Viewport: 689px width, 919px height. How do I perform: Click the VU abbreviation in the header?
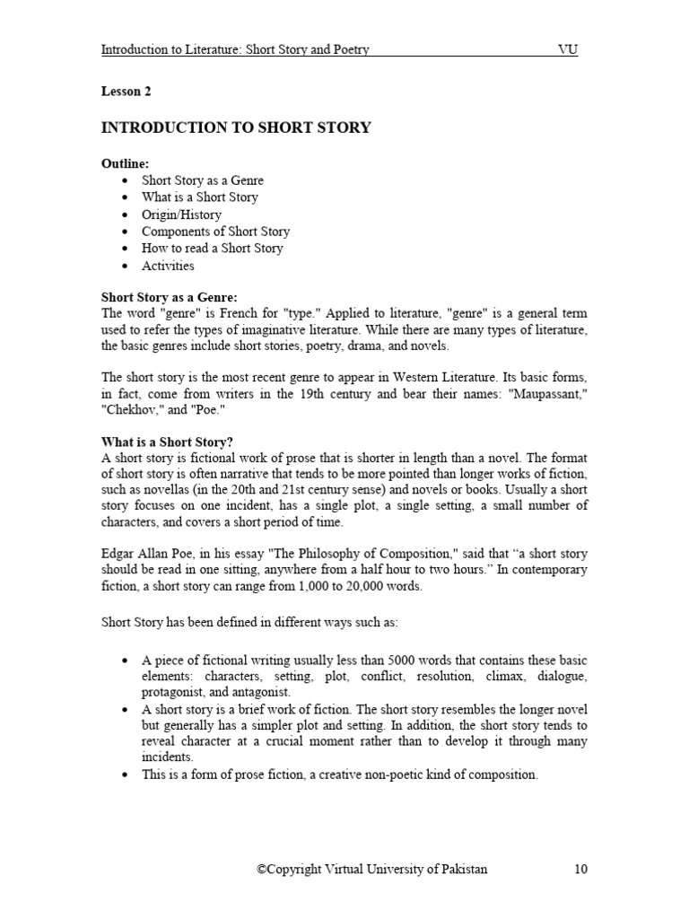(x=568, y=49)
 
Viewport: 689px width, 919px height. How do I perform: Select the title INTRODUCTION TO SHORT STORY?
(x=236, y=127)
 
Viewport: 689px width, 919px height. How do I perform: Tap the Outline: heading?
(x=125, y=162)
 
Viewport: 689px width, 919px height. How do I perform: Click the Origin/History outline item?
(x=181, y=214)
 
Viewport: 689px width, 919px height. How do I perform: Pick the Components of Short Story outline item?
(x=215, y=232)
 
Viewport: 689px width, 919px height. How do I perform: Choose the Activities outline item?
(x=168, y=266)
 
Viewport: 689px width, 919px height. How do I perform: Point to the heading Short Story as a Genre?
(x=170, y=297)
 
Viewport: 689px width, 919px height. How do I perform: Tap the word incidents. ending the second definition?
(x=168, y=757)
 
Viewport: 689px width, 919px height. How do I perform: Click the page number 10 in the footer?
(x=580, y=870)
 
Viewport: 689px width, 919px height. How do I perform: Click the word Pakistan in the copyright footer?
(x=463, y=870)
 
